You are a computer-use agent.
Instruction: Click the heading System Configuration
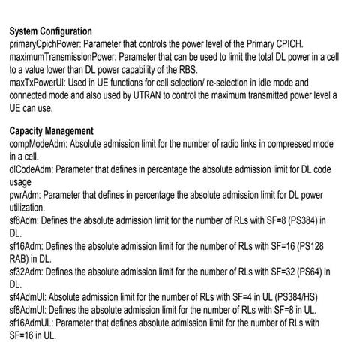[x=51, y=32]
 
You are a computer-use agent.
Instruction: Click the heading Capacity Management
[x=51, y=130]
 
